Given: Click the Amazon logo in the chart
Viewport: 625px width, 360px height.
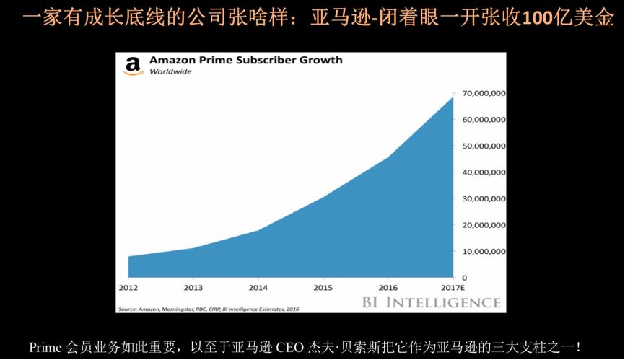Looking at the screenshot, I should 133,66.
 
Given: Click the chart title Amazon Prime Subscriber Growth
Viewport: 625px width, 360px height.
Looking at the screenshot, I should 245,61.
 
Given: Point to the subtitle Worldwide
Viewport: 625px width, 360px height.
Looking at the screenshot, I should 170,72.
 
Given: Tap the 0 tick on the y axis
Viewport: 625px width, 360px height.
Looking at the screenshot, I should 464,278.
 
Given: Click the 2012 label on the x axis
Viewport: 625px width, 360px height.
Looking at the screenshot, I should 128,287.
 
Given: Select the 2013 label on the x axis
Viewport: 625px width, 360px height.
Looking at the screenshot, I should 193,287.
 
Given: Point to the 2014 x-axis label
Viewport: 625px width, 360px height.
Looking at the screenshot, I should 258,287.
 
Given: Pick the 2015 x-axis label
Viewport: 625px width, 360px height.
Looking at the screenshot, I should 323,287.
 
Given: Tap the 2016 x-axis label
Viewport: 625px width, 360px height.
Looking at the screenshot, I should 388,287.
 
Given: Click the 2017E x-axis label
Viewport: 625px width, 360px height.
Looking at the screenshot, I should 452,287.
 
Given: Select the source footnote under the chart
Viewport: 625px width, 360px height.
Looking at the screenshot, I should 207,309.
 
